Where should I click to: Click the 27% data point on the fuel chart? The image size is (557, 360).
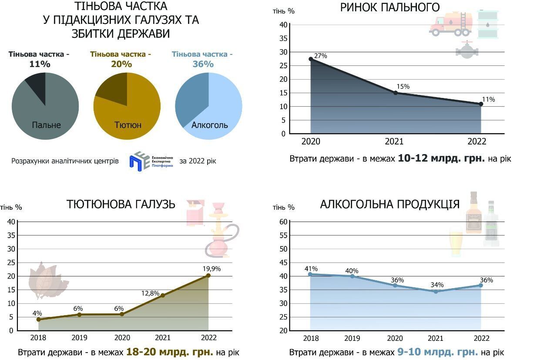[311, 59]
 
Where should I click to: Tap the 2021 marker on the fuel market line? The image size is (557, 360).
[396, 93]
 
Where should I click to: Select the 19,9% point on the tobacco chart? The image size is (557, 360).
[208, 275]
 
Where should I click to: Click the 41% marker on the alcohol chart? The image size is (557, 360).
[310, 274]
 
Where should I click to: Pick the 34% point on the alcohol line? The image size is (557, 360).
[436, 291]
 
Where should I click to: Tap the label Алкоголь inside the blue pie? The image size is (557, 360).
[210, 125]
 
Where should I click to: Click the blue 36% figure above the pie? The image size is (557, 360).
[203, 64]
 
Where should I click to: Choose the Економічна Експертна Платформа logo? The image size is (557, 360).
[151, 161]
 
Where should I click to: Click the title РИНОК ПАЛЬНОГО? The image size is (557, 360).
[390, 7]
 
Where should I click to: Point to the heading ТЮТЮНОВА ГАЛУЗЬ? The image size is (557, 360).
[121, 204]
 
